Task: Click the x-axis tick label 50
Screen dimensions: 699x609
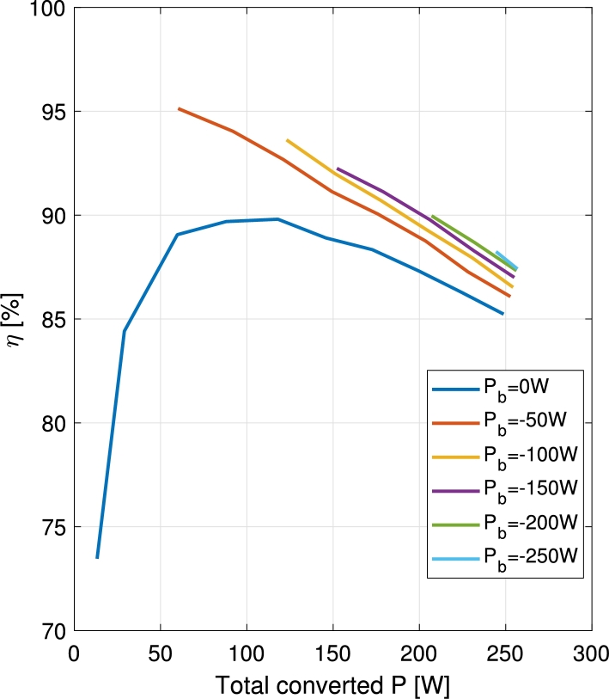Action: (x=161, y=652)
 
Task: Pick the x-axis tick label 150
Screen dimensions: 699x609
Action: (x=333, y=652)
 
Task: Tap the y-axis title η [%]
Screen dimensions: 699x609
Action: (x=18, y=319)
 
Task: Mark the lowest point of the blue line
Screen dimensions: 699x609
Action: (x=97, y=557)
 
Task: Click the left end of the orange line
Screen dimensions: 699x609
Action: (x=179, y=108)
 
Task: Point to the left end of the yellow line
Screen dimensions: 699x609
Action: (x=287, y=139)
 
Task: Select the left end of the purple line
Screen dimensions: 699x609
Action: (x=338, y=169)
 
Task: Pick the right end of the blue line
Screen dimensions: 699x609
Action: (x=502, y=314)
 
